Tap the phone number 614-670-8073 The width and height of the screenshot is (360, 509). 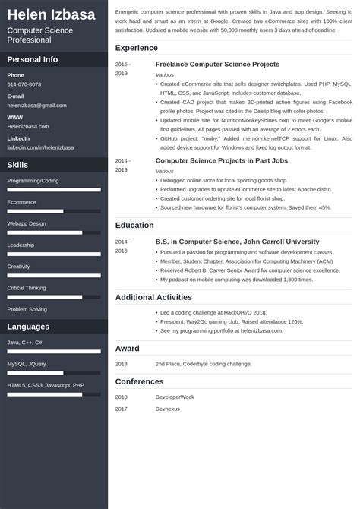click(x=24, y=84)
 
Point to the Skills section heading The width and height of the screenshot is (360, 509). click(x=18, y=165)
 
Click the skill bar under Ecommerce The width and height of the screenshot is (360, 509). click(x=54, y=211)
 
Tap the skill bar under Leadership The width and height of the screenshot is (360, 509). click(x=54, y=254)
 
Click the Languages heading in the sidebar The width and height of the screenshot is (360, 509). click(x=28, y=327)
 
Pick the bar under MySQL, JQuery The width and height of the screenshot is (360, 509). click(x=54, y=373)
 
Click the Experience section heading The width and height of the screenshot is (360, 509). click(x=137, y=48)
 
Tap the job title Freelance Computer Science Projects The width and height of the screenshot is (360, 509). click(x=217, y=65)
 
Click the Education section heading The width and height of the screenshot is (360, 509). click(x=135, y=225)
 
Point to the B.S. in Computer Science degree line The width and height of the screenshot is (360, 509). click(x=237, y=242)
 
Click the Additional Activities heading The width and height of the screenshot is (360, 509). click(x=153, y=297)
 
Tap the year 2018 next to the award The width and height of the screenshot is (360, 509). click(x=122, y=364)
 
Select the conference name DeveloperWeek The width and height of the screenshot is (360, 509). click(x=175, y=397)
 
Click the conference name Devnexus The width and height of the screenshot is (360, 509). click(x=169, y=409)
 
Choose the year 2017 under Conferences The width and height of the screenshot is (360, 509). click(x=122, y=409)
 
